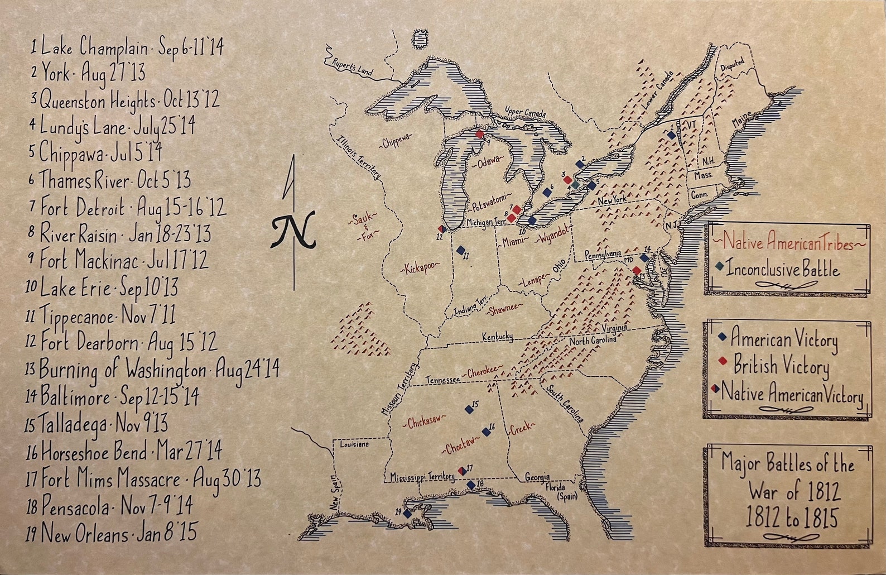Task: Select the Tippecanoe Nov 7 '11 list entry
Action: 100,316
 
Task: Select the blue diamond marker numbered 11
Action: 461,250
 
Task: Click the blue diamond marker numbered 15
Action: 469,409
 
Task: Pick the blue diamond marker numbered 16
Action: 485,431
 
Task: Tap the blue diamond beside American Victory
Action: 723,337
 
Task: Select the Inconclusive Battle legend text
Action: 783,270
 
